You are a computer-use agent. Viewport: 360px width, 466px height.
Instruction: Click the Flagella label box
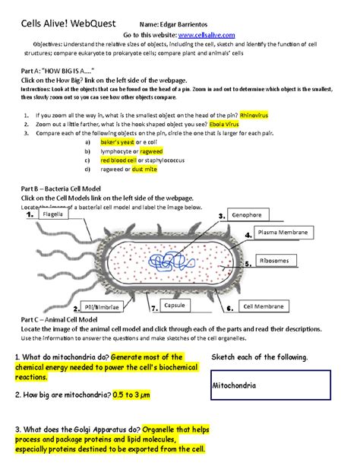coord(54,215)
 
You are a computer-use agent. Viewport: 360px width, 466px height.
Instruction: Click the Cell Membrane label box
coord(262,306)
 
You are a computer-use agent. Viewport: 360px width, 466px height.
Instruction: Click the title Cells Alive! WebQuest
coord(65,23)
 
